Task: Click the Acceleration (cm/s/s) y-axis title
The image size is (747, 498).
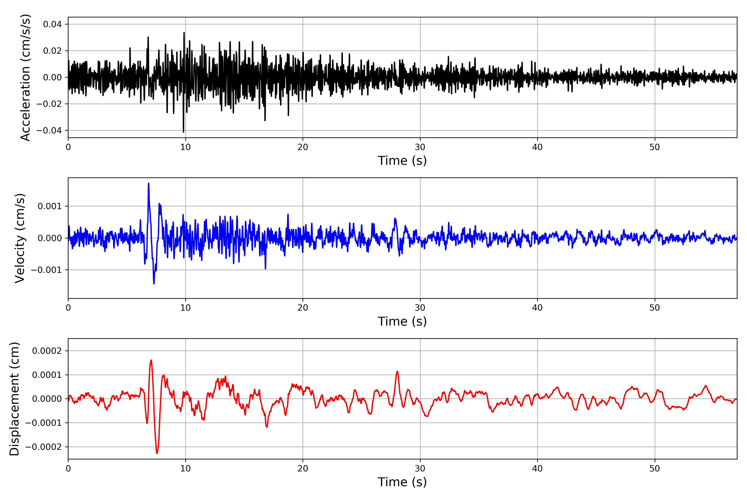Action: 25,77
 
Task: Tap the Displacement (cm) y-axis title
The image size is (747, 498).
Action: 15,399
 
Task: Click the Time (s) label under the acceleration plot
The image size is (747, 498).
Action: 402,161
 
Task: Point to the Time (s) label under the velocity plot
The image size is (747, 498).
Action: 402,321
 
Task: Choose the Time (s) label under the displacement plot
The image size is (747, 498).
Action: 402,482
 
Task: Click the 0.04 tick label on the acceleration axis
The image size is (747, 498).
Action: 52,24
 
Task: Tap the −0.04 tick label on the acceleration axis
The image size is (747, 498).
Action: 49,131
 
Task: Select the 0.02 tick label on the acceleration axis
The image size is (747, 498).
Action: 52,51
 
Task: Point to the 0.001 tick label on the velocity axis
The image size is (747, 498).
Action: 50,206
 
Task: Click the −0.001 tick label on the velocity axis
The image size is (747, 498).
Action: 46,270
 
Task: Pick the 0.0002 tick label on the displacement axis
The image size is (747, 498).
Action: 47,351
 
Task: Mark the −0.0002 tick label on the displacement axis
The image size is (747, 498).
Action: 44,447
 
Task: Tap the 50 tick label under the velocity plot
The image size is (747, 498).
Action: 655,308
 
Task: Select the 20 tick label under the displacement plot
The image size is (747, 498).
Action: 303,469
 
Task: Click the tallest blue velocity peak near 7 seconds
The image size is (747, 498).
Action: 148,184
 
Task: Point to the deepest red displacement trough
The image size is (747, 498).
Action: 157,453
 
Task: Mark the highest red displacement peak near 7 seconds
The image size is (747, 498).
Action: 151,360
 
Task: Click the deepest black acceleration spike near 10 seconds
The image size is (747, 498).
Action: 183,132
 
